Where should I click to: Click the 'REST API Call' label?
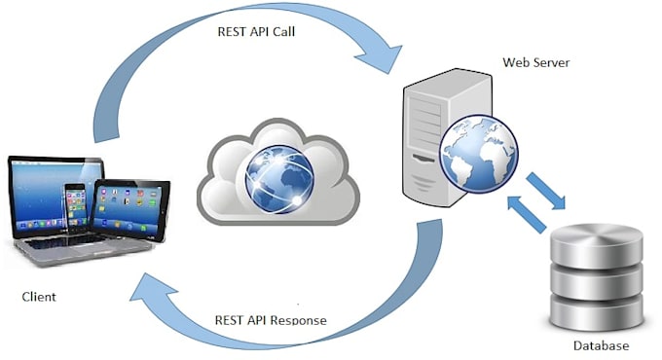coord(256,30)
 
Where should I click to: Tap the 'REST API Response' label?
coord(271,320)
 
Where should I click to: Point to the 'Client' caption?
coord(38,295)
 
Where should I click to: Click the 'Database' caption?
coord(601,345)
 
